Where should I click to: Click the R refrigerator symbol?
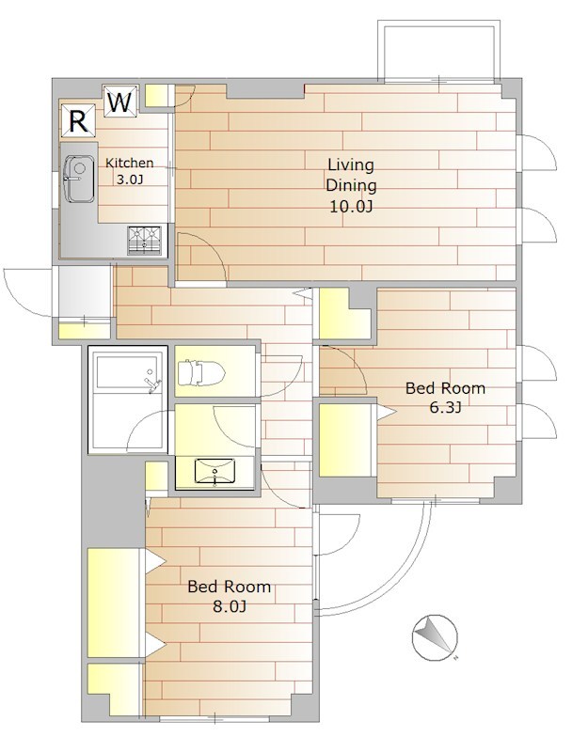(x=79, y=120)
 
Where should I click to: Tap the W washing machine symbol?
(x=120, y=102)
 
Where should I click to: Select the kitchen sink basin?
(x=79, y=179)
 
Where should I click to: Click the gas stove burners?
(x=145, y=241)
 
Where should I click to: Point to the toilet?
(x=201, y=372)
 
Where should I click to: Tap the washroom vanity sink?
(x=214, y=473)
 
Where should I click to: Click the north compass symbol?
(x=435, y=638)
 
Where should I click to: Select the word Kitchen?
(x=129, y=163)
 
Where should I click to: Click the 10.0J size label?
(x=351, y=207)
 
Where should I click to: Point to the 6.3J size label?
(x=445, y=408)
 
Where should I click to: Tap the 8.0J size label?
(x=230, y=606)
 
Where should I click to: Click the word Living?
(x=351, y=165)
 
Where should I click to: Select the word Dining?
(x=351, y=185)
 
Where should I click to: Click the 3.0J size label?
(x=130, y=180)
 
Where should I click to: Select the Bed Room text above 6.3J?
(x=445, y=388)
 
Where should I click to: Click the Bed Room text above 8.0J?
(x=229, y=587)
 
